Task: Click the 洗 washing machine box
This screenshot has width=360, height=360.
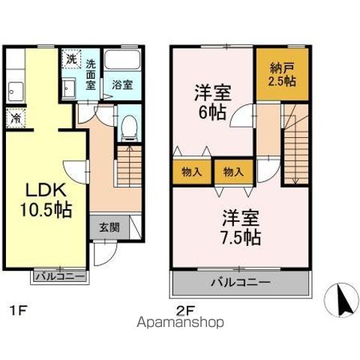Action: [x=70, y=58]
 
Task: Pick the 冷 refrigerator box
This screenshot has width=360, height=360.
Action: [x=14, y=117]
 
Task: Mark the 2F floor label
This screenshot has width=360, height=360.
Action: [x=184, y=307]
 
